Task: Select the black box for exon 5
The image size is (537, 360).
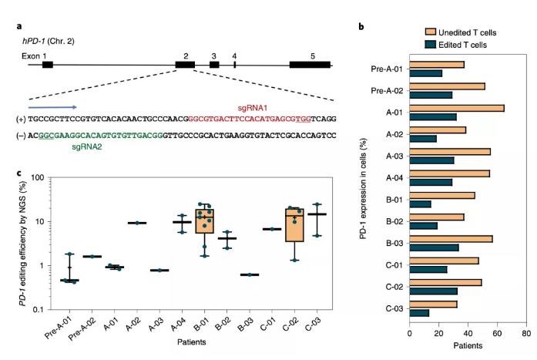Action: (x=310, y=65)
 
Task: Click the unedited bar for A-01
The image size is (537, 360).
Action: (x=457, y=108)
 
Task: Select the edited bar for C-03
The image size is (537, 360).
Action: (x=419, y=312)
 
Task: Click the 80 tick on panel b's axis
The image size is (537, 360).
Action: (x=525, y=333)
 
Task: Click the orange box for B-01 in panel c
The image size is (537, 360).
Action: (x=204, y=220)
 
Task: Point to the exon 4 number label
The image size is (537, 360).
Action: (x=234, y=56)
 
